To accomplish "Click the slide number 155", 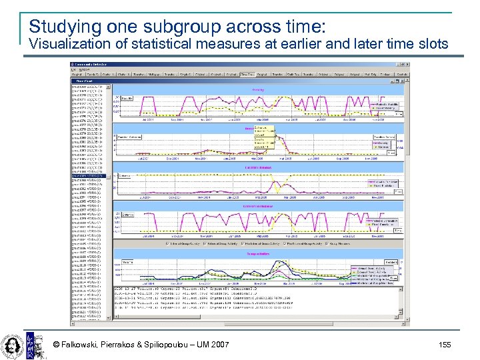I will point(445,345).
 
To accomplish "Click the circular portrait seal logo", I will point(12,344).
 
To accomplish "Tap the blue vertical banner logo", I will point(30,344).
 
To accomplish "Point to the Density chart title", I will point(257,89).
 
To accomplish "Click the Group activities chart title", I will point(257,254).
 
